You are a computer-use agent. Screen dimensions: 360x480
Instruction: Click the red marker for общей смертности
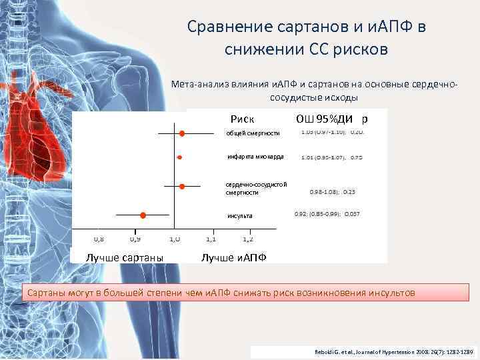pos(181,134)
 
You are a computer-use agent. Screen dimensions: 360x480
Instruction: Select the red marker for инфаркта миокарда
pos(179,157)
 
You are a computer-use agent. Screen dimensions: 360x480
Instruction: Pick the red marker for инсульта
pos(143,215)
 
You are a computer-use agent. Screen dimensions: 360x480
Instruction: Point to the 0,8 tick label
pos(98,238)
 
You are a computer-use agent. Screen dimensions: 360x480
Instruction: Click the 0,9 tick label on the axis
pos(135,238)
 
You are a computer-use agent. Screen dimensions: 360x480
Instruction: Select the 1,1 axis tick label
pos(211,238)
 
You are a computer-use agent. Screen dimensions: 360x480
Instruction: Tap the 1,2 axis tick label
pos(247,238)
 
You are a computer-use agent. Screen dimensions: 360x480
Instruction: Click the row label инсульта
pos(239,216)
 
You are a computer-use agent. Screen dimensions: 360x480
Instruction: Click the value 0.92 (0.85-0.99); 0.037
pos(327,214)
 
